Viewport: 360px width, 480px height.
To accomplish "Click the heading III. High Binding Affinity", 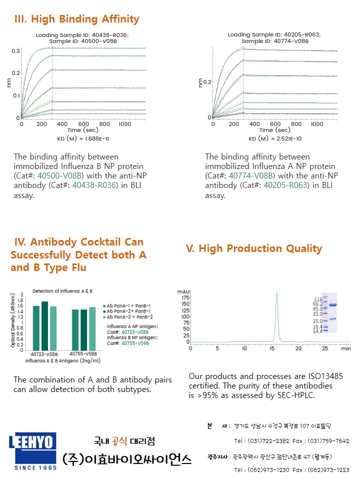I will pos(77,19).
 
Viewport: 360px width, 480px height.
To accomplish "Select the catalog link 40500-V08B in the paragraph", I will pos(60,176).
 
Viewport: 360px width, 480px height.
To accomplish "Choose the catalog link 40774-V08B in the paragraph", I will pos(251,176).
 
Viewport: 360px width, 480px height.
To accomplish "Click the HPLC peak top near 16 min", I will pos(276,294).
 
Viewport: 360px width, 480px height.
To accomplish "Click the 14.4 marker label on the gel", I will pos(317,331).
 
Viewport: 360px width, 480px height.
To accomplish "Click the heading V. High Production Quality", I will pos(254,248).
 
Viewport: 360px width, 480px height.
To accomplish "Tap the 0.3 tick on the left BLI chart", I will pos(16,51).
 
